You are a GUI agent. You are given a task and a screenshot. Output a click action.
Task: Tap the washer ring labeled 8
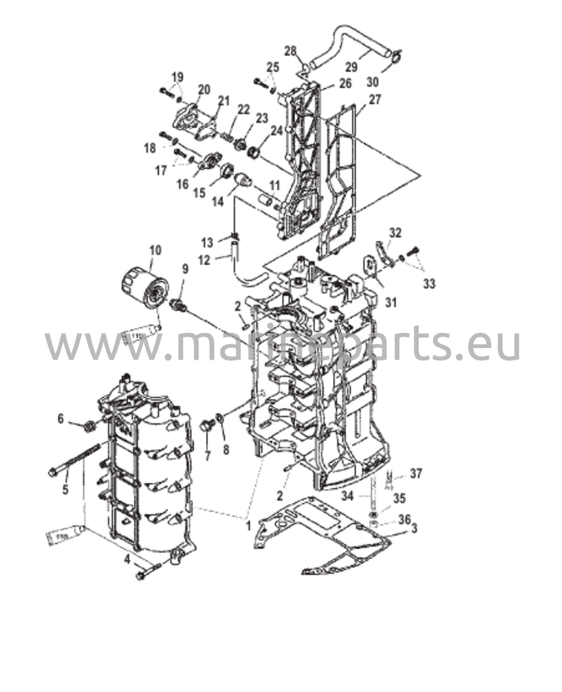point(219,418)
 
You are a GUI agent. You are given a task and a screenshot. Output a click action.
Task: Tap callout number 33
point(430,283)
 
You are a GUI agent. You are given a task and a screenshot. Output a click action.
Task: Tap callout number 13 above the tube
point(207,242)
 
